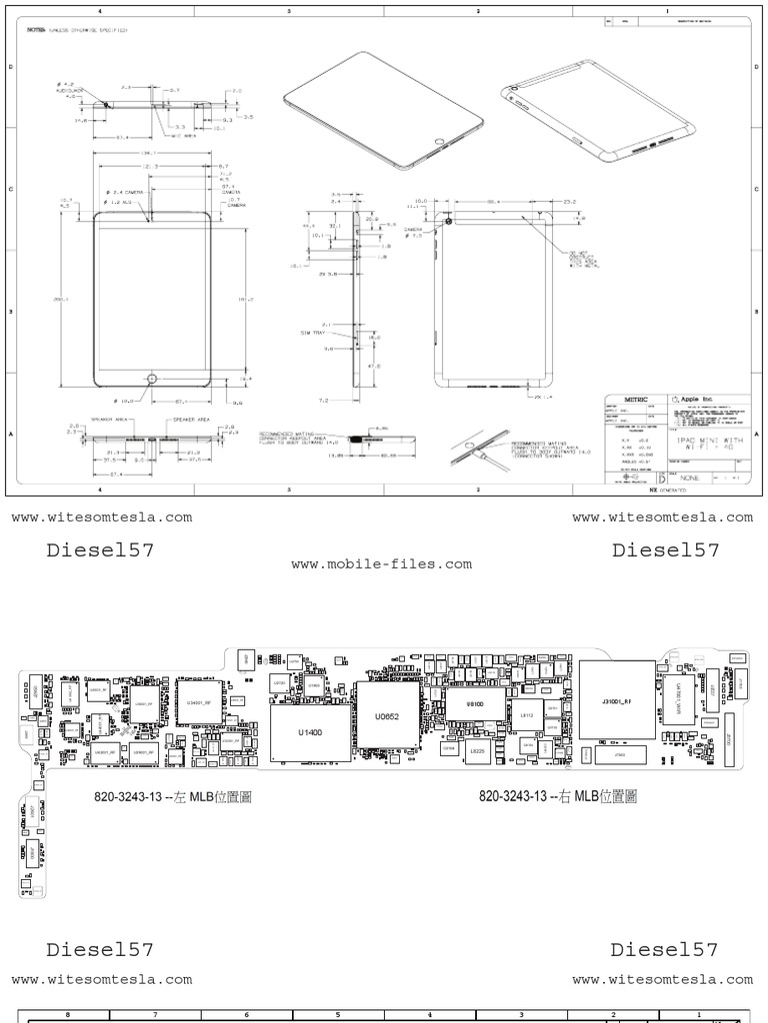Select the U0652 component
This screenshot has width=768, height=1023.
387,714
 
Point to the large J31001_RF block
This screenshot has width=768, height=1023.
616,700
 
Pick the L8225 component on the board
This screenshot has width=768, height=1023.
478,749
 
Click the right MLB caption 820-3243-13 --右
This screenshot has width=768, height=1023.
558,796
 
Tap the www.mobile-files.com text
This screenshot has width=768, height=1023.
381,564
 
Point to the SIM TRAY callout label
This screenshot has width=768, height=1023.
315,330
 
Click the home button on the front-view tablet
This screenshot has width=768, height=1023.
152,379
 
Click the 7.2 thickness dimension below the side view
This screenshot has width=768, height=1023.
325,399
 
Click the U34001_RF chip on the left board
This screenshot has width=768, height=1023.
198,702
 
